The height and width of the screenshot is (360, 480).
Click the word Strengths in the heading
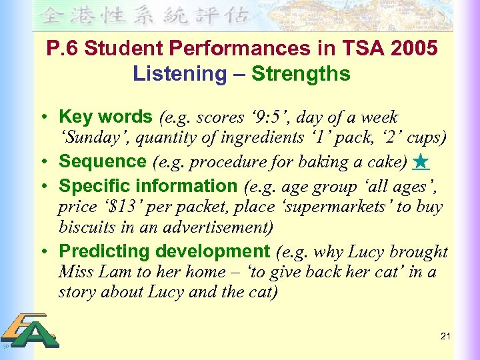coord(301,73)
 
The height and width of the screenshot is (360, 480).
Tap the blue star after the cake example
coord(420,162)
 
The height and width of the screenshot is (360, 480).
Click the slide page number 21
coord(445,336)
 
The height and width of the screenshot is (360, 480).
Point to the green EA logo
coord(30,331)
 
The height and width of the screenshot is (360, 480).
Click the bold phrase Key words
coord(105,117)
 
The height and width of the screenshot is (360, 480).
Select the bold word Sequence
coord(103,162)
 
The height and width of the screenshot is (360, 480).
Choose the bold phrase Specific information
coord(148,186)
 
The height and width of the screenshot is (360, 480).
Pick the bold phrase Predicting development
coord(163,252)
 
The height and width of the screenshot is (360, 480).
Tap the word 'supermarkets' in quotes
coord(334,207)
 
